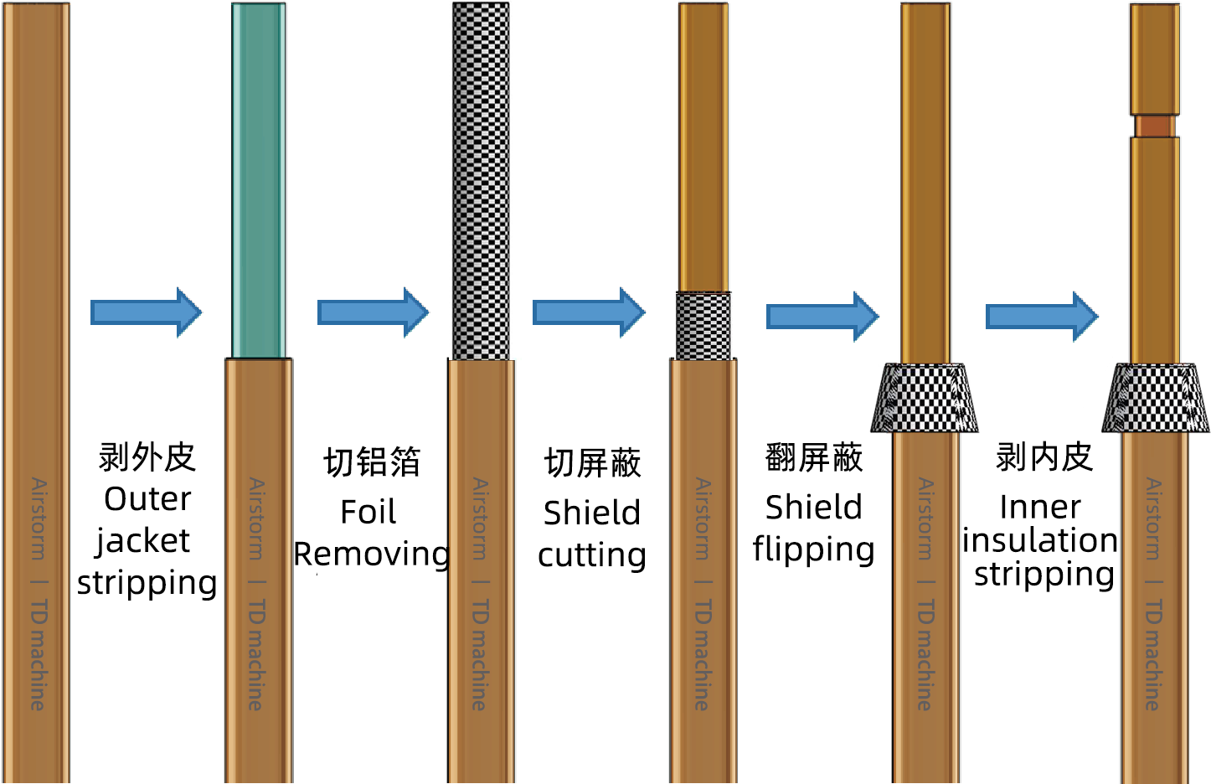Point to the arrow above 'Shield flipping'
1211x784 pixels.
(822, 317)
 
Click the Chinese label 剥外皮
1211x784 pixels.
(147, 457)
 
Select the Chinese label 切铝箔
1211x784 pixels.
(372, 462)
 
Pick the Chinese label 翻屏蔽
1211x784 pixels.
(813, 458)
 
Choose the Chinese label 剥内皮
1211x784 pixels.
(1044, 457)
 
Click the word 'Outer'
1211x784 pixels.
(147, 499)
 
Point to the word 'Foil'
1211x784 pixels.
(368, 513)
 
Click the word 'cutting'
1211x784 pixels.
(591, 555)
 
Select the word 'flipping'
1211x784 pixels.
(813, 550)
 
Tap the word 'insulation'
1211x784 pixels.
(1039, 540)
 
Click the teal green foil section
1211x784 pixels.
(258, 180)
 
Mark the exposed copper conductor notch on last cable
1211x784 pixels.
(1155, 126)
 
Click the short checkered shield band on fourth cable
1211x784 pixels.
(703, 326)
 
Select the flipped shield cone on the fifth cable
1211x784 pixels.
(925, 398)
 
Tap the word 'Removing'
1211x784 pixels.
(372, 554)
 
